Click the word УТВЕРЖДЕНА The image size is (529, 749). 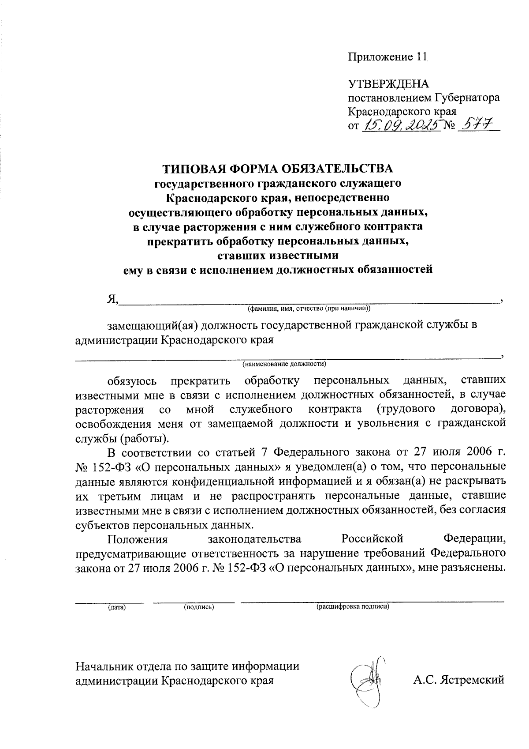point(388,84)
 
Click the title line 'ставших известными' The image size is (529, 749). point(278,256)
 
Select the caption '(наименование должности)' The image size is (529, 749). point(284,364)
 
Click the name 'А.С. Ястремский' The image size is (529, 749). point(458,680)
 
